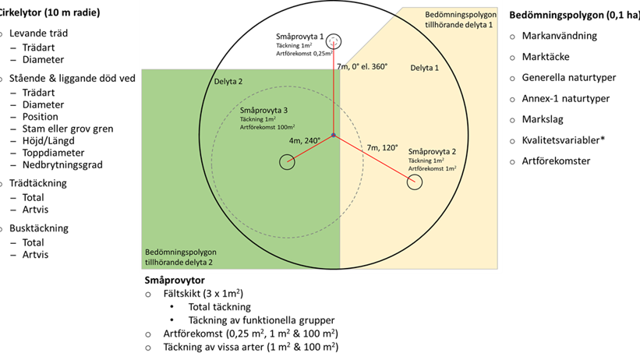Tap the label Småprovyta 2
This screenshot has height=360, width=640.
click(432, 151)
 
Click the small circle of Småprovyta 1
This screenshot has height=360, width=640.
click(334, 41)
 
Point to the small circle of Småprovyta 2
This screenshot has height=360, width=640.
click(414, 182)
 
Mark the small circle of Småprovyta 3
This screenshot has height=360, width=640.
click(287, 162)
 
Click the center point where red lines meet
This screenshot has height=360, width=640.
click(334, 136)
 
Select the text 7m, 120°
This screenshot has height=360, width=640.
click(382, 147)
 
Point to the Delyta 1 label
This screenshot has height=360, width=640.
click(424, 69)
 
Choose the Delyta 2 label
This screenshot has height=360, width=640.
click(228, 81)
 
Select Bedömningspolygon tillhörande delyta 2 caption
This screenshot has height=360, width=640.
click(180, 258)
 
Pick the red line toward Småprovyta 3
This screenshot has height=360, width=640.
click(310, 149)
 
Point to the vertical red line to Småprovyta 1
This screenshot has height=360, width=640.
click(334, 94)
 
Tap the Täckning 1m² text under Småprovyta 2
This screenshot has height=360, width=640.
click(428, 161)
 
